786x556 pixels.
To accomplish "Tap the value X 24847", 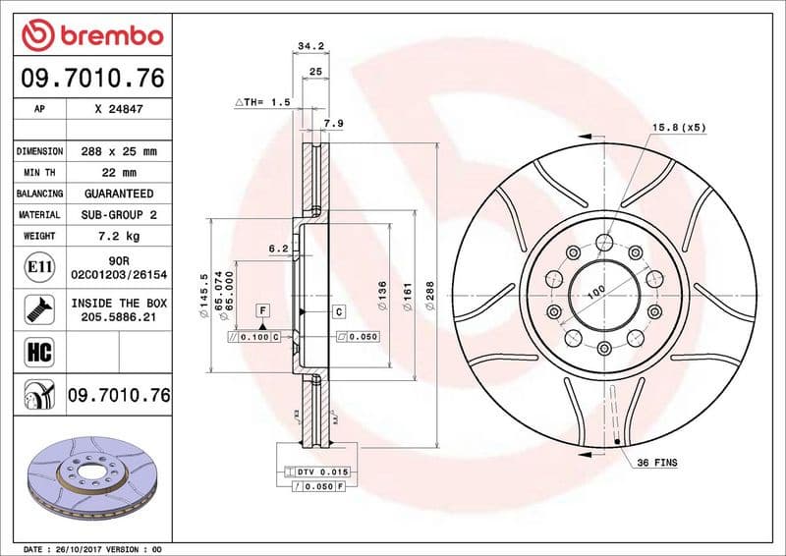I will tap(119, 110).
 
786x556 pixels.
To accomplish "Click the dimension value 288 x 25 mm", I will tap(119, 151).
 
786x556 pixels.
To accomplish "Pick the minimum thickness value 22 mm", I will tap(119, 173).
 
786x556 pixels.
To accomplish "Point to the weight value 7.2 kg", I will tap(119, 236).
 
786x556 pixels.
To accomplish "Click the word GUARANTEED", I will tap(119, 194).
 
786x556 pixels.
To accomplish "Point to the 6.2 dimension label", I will tap(278, 250).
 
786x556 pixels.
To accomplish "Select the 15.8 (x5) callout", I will tap(679, 127).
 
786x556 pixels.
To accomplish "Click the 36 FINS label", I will tap(657, 462).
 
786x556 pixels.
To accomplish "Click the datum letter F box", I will tap(262, 310).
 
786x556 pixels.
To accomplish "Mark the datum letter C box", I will tap(337, 311).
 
